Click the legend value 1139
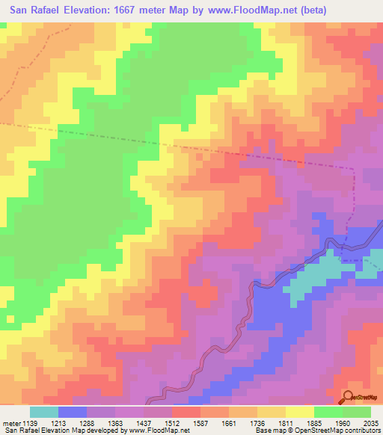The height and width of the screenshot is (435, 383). point(30,423)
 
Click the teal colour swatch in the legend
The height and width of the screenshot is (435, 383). point(44,412)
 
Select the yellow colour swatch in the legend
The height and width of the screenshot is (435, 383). point(300,412)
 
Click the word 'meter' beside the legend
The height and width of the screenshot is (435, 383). point(10,423)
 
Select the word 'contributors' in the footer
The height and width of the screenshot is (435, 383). point(361,431)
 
